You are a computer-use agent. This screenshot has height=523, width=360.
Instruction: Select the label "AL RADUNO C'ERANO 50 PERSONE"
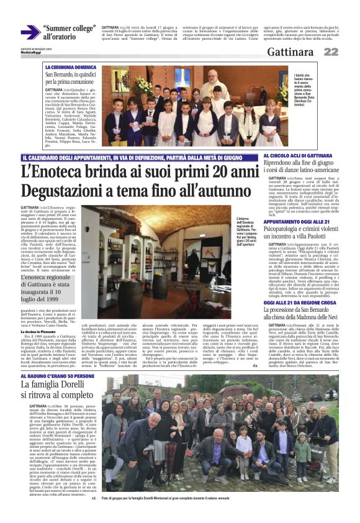tap(58, 376)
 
